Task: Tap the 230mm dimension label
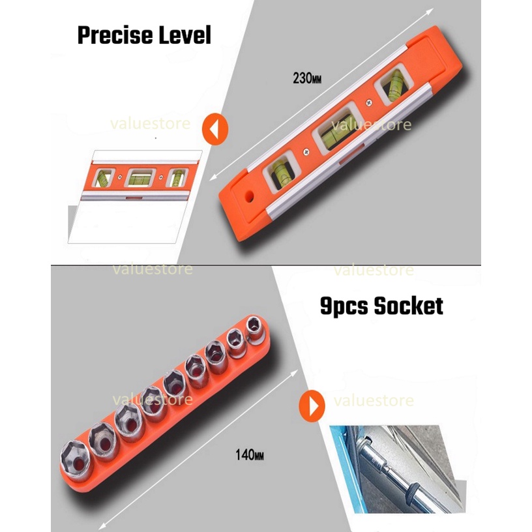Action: point(307,78)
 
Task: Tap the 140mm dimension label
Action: point(250,454)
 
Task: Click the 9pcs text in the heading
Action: point(344,306)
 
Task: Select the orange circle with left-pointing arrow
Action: point(215,129)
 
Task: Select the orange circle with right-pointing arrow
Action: point(312,406)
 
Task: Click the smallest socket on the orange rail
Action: point(254,326)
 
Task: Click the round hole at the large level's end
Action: point(250,196)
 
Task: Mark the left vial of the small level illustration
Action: point(103,178)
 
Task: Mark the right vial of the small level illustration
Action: point(178,178)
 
